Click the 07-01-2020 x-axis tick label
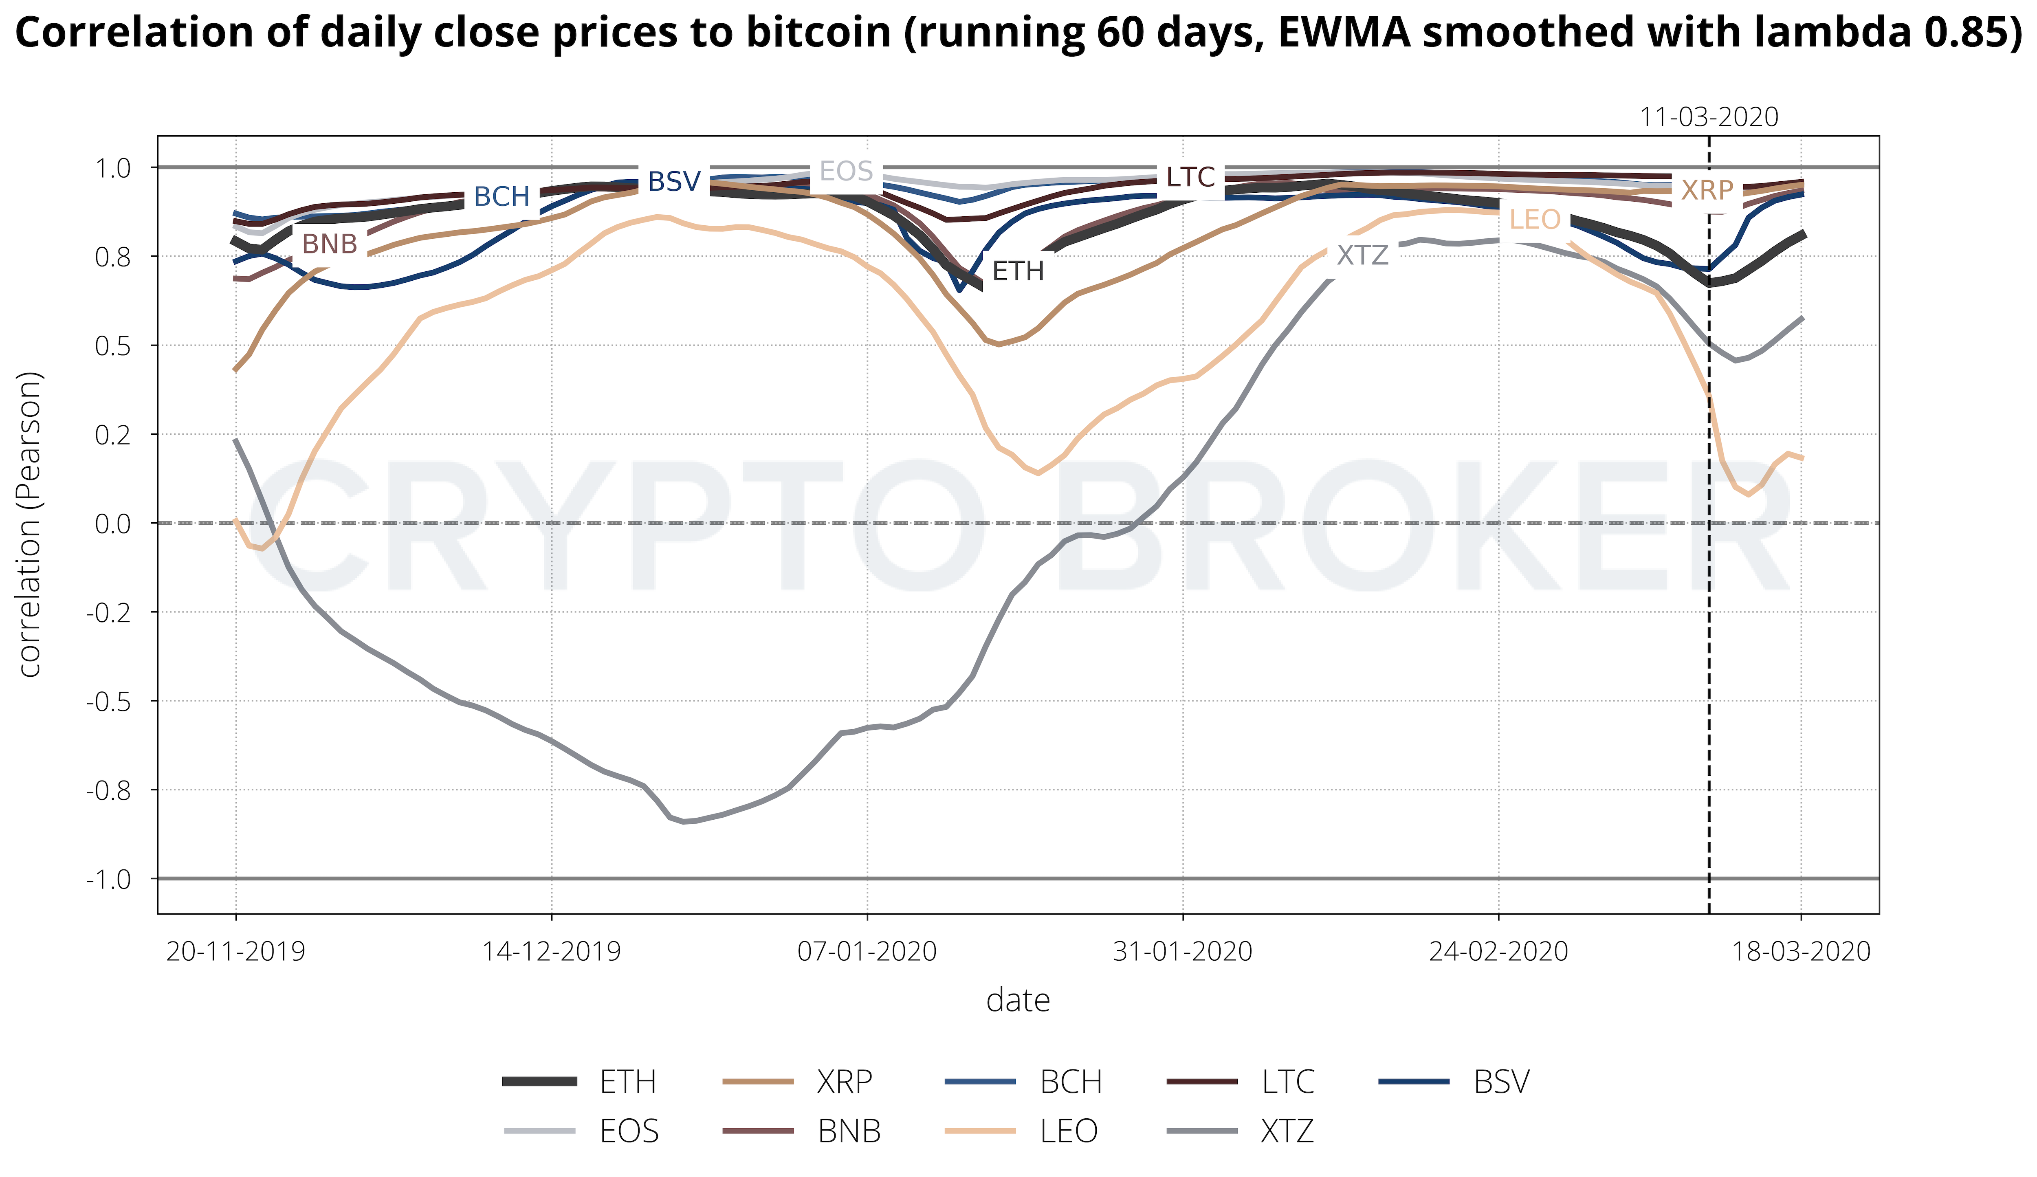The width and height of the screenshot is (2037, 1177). pyautogui.click(x=867, y=951)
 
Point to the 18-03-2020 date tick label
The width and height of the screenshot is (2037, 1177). pyautogui.click(x=1801, y=951)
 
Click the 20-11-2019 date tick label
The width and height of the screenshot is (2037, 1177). pyautogui.click(x=236, y=951)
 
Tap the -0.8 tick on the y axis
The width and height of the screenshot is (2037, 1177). pyautogui.click(x=111, y=790)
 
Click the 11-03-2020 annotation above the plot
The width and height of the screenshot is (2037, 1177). pyautogui.click(x=1709, y=117)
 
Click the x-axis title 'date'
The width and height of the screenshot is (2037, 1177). pyautogui.click(x=1018, y=1001)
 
